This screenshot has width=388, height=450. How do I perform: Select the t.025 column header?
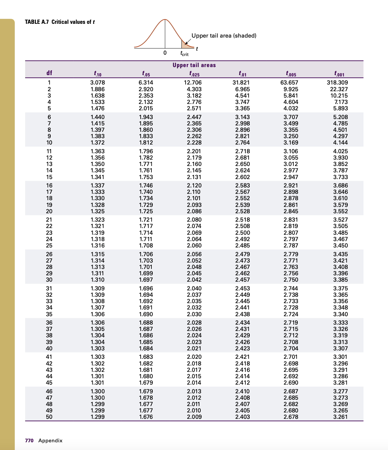[194, 73]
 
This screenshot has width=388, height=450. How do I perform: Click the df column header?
[49, 73]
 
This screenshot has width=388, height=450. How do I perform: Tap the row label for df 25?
[49, 245]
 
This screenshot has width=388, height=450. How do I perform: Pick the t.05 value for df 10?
[146, 143]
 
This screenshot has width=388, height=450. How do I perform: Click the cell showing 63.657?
[289, 82]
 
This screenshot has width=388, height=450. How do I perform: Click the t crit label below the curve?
[184, 54]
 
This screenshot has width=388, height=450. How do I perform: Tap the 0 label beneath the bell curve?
[165, 53]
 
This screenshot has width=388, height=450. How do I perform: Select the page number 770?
[29, 440]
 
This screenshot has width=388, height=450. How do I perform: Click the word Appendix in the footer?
[50, 440]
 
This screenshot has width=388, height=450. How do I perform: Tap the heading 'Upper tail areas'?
[194, 65]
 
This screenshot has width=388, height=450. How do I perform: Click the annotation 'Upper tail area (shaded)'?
[224, 36]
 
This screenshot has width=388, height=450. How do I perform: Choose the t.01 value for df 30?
[242, 280]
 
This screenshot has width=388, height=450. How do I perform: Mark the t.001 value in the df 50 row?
[340, 417]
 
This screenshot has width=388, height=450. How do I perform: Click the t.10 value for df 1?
[97, 82]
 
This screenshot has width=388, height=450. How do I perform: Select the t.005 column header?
[291, 73]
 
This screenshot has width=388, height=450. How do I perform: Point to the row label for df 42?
[49, 363]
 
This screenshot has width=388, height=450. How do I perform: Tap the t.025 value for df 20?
[194, 211]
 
